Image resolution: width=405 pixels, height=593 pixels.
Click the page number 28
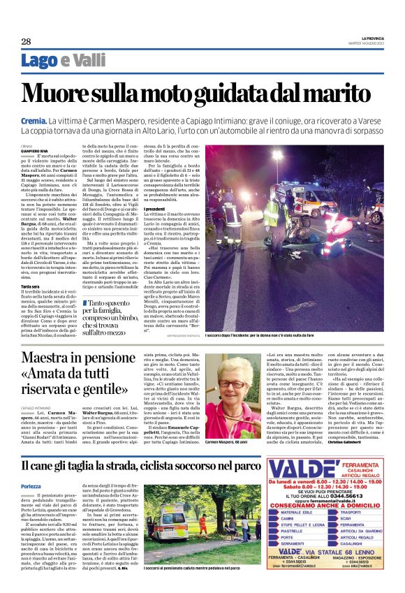tap(26, 41)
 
